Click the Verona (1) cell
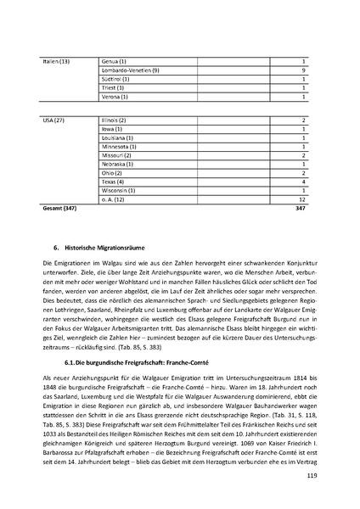(x=114, y=97)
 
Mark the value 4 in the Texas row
(x=302, y=182)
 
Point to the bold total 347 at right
(x=299, y=207)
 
